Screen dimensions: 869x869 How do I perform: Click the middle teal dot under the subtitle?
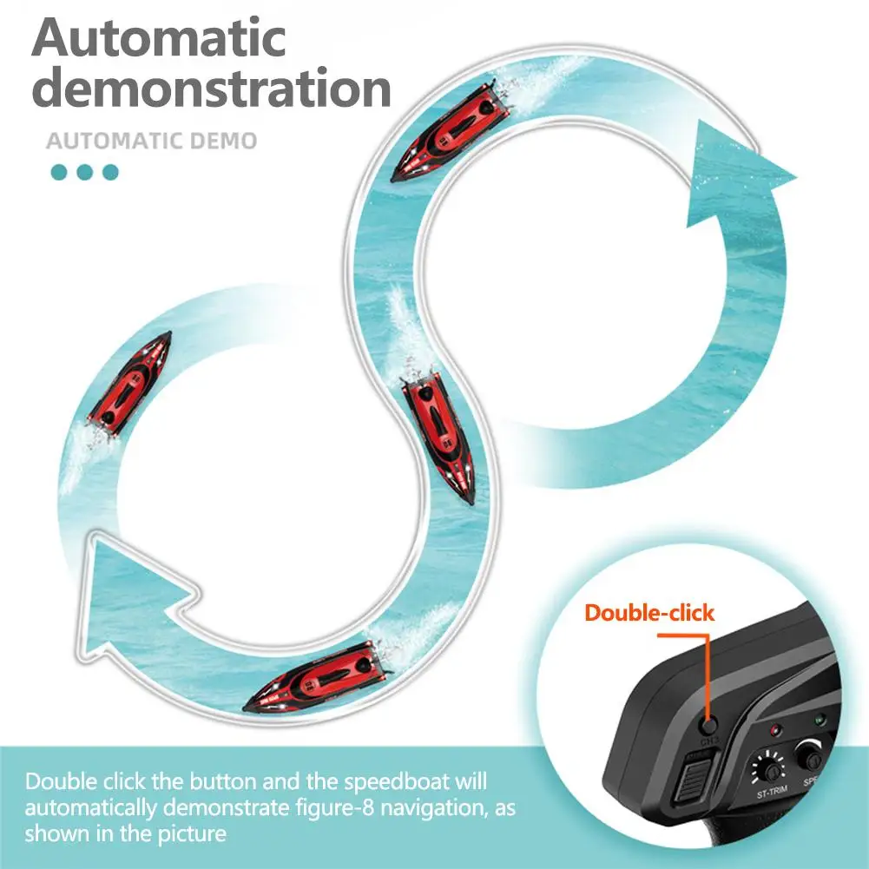point(84,172)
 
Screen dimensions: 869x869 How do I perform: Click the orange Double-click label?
point(649,613)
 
